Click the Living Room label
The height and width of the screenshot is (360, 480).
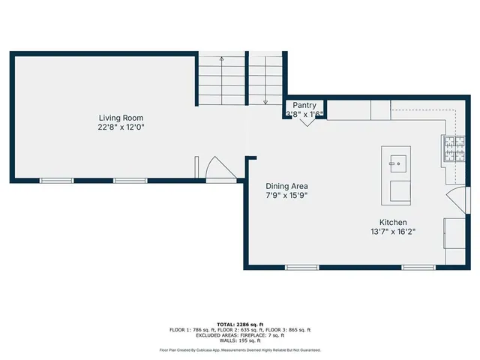pyautogui.click(x=121, y=118)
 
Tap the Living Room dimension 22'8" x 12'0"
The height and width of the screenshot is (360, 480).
pyautogui.click(x=121, y=127)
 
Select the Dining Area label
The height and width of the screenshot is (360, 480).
pyautogui.click(x=286, y=186)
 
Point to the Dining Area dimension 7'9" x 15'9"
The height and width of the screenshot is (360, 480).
pyautogui.click(x=286, y=195)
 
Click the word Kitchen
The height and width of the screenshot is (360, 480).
pyautogui.click(x=392, y=223)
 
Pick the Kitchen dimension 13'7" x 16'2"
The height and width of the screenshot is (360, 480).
pyautogui.click(x=392, y=232)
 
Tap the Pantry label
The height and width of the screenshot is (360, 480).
pyautogui.click(x=304, y=106)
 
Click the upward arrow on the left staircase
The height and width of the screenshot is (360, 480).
pyautogui.click(x=221, y=58)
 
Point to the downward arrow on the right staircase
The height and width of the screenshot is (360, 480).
pyautogui.click(x=265, y=100)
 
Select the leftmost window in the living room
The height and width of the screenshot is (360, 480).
pyautogui.click(x=56, y=181)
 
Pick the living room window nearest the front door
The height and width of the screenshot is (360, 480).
pyautogui.click(x=130, y=181)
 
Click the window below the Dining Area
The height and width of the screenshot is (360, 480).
pyautogui.click(x=302, y=267)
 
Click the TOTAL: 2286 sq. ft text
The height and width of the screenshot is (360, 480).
pyautogui.click(x=240, y=323)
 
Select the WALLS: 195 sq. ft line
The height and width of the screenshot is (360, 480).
pyautogui.click(x=240, y=340)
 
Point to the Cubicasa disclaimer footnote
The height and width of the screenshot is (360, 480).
pyautogui.click(x=240, y=350)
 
